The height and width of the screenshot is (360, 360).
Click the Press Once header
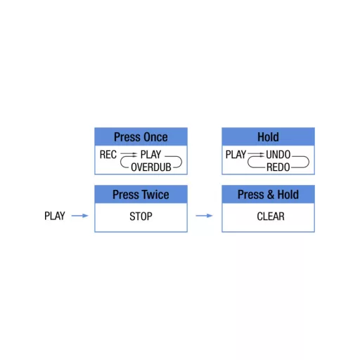click(141, 136)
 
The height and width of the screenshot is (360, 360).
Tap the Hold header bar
click(268, 136)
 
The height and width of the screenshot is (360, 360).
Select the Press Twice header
click(141, 194)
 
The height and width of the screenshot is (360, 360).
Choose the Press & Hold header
click(268, 194)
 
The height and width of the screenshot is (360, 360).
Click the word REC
click(108, 155)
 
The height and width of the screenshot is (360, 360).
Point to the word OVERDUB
click(151, 167)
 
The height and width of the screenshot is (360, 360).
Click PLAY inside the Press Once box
click(150, 155)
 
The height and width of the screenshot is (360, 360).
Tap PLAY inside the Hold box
click(236, 155)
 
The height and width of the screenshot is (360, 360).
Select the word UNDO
click(278, 155)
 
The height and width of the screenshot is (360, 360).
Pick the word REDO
click(278, 167)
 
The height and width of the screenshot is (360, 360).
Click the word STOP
click(141, 217)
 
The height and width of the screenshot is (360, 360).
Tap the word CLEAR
click(271, 217)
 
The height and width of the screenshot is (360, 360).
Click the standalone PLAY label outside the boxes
click(55, 216)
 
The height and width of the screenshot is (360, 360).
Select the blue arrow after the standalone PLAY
click(80, 216)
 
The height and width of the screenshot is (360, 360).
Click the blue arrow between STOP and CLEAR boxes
click(204, 216)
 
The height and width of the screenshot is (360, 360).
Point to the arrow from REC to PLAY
click(129, 154)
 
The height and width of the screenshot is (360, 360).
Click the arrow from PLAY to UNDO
click(256, 154)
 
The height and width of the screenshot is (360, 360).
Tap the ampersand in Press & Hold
click(271, 195)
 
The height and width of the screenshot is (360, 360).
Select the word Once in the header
click(155, 137)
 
